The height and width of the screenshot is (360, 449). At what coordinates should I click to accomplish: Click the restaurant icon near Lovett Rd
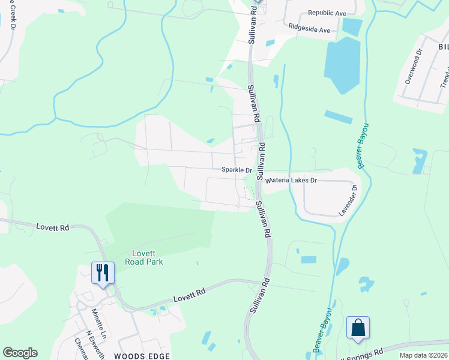point(101,273)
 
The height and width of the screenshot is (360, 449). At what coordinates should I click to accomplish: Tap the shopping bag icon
point(358,328)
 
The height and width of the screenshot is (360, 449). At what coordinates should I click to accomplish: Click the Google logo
point(20,353)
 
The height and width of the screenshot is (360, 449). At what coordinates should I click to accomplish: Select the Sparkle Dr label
point(236,170)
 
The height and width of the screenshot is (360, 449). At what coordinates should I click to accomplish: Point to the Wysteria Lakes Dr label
point(291,180)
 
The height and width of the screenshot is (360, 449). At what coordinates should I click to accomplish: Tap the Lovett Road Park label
point(143,257)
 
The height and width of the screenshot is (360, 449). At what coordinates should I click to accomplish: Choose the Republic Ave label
point(327,13)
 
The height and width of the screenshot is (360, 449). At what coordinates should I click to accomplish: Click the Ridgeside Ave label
point(309,29)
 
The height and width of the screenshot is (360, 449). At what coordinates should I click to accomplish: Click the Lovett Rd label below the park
point(190,293)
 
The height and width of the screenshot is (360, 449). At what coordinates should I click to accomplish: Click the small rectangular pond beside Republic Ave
point(352,26)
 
